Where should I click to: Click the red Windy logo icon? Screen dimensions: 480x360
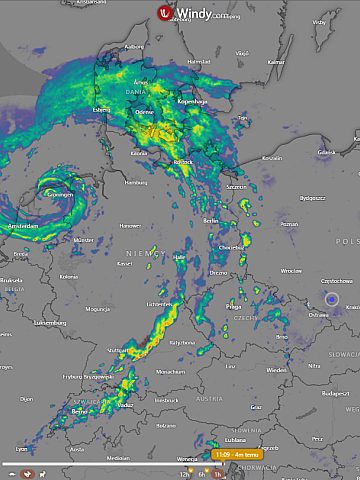pyautogui.click(x=165, y=13)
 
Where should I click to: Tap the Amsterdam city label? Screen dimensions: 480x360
pyautogui.click(x=22, y=227)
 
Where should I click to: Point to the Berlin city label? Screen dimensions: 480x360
pyautogui.click(x=211, y=219)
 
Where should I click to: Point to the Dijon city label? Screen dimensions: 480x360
pyautogui.click(x=26, y=399)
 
